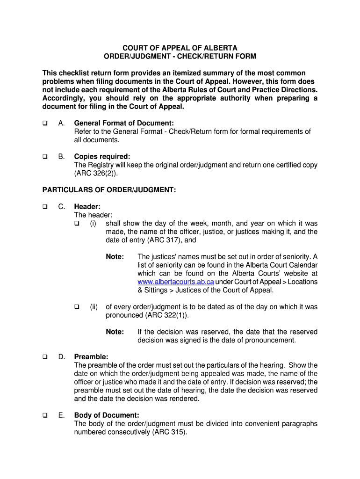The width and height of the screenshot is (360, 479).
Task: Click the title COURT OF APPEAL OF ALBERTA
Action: pyautogui.click(x=180, y=48)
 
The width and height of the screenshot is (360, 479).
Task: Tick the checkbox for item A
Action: pyautogui.click(x=45, y=123)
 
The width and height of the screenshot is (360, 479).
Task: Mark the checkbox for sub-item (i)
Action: pyautogui.click(x=77, y=224)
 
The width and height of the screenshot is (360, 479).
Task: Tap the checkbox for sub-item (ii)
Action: pyautogui.click(x=77, y=307)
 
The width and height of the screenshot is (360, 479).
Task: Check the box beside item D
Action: pyautogui.click(x=45, y=357)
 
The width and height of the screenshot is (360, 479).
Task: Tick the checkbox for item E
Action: pyautogui.click(x=45, y=415)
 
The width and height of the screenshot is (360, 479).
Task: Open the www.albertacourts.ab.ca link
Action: pyautogui.click(x=176, y=282)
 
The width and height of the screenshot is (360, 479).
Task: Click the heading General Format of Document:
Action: pyautogui.click(x=121, y=123)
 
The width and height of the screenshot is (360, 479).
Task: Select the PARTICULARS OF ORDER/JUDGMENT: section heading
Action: pyautogui.click(x=109, y=189)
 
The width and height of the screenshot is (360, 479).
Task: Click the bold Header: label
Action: pyautogui.click(x=87, y=206)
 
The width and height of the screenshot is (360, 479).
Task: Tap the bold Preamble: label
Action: pyautogui.click(x=91, y=357)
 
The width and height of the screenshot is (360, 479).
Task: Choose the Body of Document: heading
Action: pyautogui.click(x=107, y=415)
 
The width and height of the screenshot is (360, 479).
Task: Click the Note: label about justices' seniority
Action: pyautogui.click(x=115, y=257)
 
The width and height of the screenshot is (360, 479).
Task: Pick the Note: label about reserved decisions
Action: pyautogui.click(x=115, y=332)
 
